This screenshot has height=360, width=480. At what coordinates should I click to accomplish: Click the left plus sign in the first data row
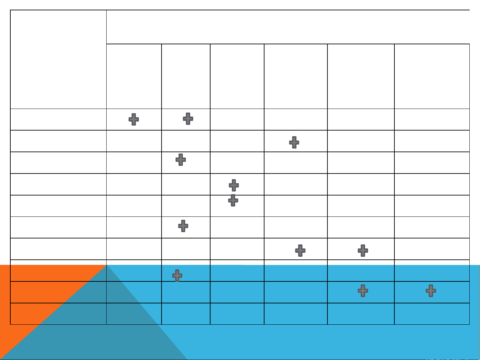(134, 119)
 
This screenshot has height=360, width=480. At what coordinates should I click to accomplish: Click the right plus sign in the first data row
(188, 119)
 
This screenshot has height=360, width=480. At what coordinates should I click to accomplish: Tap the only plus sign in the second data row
(294, 142)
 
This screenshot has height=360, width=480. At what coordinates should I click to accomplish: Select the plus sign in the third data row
(181, 160)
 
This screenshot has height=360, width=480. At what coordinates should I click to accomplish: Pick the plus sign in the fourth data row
(234, 185)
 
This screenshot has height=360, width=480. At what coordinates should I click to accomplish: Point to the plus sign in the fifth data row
(233, 200)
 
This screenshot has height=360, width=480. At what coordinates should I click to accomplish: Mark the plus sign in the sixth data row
(183, 226)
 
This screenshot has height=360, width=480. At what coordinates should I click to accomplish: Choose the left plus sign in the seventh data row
(300, 250)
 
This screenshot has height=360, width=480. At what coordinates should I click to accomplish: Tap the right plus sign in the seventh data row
(363, 250)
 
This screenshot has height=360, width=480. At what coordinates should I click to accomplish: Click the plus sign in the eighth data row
(177, 275)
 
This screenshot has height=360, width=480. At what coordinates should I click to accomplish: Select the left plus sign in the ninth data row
(363, 291)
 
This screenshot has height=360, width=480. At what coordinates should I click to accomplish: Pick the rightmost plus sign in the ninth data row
(431, 291)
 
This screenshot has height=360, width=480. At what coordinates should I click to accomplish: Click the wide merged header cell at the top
(288, 27)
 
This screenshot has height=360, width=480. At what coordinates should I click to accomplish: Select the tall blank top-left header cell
(58, 59)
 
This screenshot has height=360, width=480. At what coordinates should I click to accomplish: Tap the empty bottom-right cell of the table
(432, 314)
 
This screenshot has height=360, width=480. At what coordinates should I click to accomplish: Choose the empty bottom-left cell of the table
(58, 314)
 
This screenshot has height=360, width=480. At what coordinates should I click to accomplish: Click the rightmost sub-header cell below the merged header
(432, 76)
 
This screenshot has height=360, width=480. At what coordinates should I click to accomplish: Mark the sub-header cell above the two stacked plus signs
(237, 76)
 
